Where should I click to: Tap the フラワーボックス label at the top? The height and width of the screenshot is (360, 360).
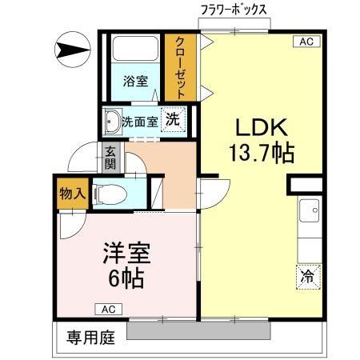pos(234,10)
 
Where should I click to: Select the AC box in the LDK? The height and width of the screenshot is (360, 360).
pos(306,41)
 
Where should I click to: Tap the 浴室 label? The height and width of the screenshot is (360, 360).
pos(135,82)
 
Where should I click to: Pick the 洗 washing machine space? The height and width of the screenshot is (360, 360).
pos(172,119)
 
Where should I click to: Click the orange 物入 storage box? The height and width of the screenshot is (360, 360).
pos(71,195)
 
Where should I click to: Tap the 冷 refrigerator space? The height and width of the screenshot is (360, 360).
pos(307,276)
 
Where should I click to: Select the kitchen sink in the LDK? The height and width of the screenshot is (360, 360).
pos(309,213)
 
